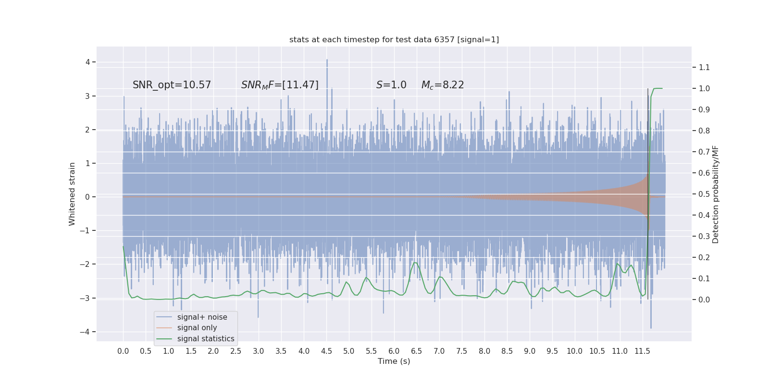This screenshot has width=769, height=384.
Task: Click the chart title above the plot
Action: [x=394, y=39]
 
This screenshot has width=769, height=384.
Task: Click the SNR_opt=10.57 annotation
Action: [x=172, y=85]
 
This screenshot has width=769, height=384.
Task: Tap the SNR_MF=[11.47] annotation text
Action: [x=280, y=85]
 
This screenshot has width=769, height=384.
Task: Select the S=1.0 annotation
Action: [x=391, y=85]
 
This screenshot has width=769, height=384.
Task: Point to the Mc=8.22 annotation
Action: [x=443, y=85]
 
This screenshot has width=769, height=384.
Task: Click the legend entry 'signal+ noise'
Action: [x=202, y=317]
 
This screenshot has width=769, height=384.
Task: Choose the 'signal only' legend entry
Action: [x=197, y=328]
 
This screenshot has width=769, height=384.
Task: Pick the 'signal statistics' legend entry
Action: [x=206, y=339]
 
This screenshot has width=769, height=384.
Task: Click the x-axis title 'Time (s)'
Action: [x=394, y=361]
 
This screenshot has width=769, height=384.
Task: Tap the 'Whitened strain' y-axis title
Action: [x=72, y=194]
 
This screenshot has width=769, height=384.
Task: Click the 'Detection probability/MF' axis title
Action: [x=716, y=194]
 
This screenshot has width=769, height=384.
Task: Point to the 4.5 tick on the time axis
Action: [x=326, y=351]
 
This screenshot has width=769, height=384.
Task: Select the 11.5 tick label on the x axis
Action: [x=642, y=351]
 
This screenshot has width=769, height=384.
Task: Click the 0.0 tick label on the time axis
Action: [x=123, y=351]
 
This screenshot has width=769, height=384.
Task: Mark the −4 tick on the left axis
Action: [x=87, y=332]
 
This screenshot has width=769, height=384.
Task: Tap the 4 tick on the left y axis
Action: [x=88, y=62]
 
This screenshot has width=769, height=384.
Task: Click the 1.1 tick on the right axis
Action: [x=704, y=67]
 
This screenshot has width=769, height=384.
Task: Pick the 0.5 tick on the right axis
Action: [x=704, y=194]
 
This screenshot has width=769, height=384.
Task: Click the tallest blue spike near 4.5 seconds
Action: [x=327, y=60]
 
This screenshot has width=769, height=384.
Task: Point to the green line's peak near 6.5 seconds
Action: [x=415, y=263]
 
